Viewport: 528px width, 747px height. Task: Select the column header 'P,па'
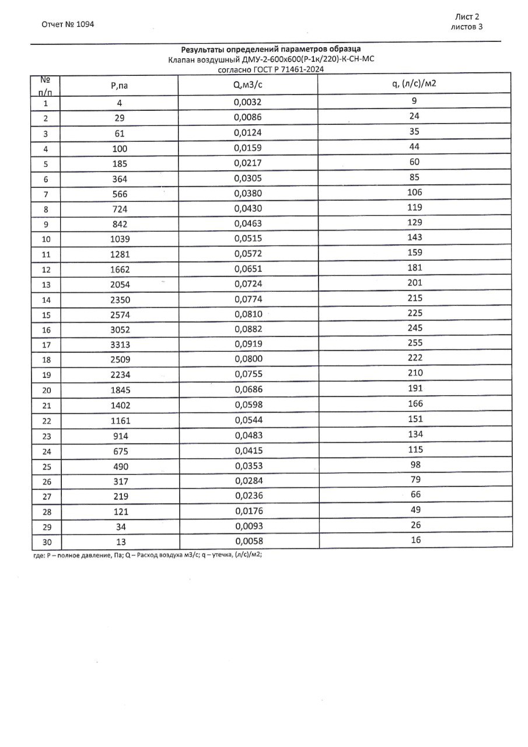[119, 86]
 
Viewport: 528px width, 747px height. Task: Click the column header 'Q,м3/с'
[248, 85]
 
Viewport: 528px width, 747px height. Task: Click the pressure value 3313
[120, 344]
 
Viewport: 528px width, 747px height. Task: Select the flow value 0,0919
[248, 344]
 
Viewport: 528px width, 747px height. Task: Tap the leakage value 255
[415, 343]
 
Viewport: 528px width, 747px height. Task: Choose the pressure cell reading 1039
[120, 239]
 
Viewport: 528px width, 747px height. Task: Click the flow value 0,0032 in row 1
[248, 103]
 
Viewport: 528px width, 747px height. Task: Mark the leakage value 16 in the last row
[415, 540]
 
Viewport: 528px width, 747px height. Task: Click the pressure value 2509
[120, 359]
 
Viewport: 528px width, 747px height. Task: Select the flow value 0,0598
[248, 405]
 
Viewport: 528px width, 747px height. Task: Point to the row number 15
[47, 315]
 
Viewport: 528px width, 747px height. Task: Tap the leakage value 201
[415, 282]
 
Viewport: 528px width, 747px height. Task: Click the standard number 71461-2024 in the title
[300, 69]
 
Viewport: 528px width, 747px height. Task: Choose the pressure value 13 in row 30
[120, 542]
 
